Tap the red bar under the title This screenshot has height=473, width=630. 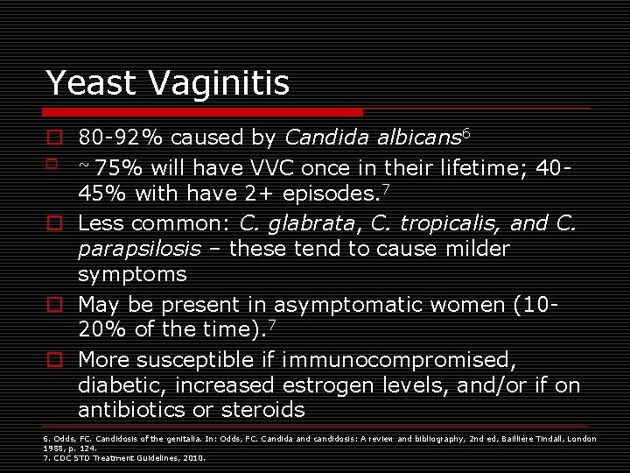[x=204, y=112]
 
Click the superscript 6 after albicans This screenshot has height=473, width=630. [x=466, y=132]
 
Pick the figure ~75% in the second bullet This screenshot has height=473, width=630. [x=108, y=167]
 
